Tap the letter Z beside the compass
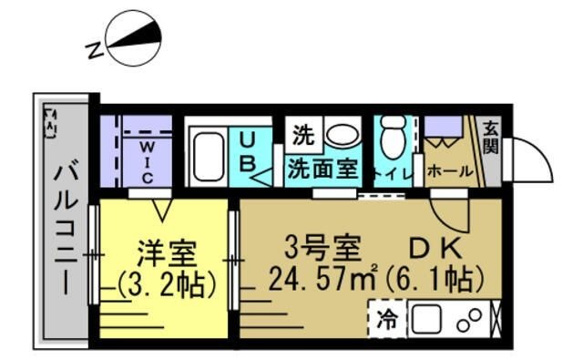[x=94, y=51]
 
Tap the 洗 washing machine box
[x=302, y=136]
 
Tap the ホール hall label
[x=448, y=170]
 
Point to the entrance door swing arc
[x=533, y=155]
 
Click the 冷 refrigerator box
[x=386, y=321]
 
